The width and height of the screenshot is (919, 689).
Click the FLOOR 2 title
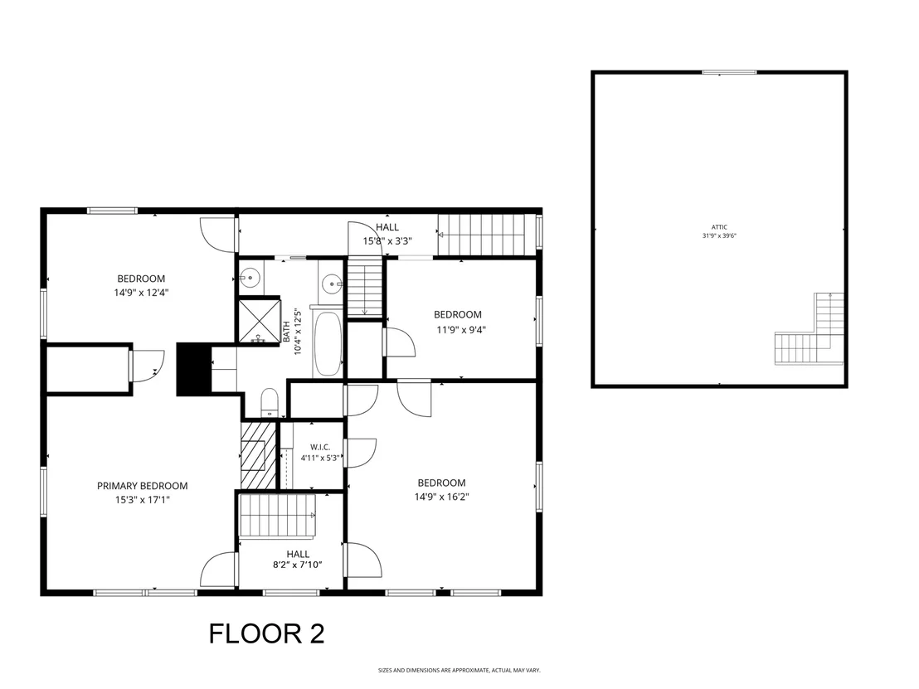267,633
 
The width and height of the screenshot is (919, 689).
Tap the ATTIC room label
719,227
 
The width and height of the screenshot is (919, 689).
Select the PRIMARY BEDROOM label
143,486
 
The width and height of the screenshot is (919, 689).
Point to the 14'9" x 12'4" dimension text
141,293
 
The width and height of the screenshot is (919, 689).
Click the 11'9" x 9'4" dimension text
461,329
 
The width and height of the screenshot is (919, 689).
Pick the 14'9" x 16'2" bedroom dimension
442,497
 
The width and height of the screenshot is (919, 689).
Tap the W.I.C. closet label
320,447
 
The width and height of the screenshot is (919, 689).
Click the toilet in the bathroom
269,402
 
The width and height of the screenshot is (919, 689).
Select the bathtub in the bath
328,344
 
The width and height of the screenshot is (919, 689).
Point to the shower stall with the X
259,321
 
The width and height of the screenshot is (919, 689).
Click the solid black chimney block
194,369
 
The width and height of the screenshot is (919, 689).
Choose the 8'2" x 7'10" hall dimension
298,565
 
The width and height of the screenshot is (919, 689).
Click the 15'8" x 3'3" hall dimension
387,240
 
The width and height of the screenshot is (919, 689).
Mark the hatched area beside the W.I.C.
258,456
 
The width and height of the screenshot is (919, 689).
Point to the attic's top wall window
729,72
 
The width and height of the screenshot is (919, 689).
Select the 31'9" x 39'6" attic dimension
719,236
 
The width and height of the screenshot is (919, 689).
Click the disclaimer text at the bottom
459,670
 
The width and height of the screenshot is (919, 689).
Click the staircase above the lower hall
278,516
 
